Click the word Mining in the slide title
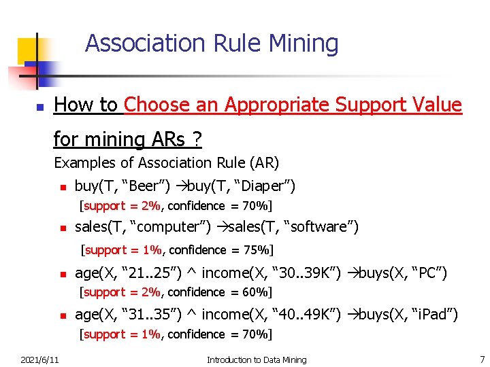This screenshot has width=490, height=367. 304,43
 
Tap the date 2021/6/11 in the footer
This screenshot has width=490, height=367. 39,360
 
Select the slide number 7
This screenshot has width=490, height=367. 482,360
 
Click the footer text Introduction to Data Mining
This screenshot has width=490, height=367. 257,360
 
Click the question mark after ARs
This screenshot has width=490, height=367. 197,140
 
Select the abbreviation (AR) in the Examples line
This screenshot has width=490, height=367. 264,163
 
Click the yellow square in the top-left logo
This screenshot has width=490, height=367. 27,49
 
